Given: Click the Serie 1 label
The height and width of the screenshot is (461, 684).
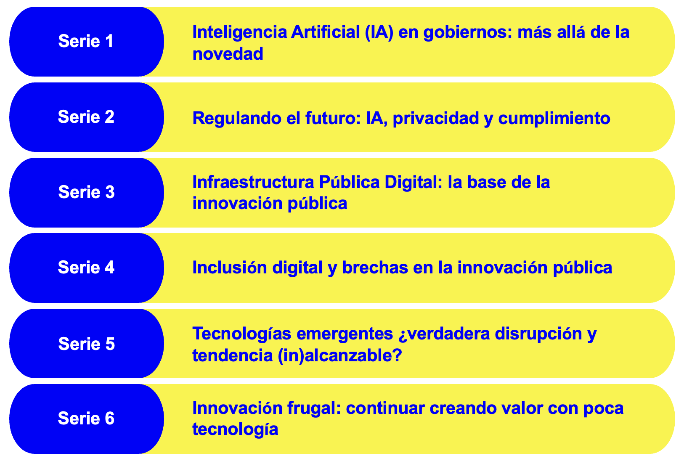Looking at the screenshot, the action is [x=86, y=41].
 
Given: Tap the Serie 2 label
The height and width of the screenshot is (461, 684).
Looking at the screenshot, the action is [x=86, y=117].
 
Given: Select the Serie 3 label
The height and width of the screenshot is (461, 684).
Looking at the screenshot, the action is [x=86, y=192].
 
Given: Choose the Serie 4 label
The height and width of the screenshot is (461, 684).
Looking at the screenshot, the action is [x=86, y=268].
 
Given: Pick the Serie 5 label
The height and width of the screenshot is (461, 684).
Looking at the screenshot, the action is [x=86, y=344].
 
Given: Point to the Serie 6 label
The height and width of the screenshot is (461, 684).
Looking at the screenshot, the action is [x=86, y=418].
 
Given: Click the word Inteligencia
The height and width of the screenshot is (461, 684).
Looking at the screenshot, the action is [x=240, y=33].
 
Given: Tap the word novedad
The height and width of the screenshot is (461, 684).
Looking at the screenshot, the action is [x=228, y=54].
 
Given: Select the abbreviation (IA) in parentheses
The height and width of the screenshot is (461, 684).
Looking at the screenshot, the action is [x=379, y=32].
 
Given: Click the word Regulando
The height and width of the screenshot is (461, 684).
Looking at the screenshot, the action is [x=237, y=119].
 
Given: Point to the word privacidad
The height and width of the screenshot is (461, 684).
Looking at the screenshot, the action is [x=436, y=119].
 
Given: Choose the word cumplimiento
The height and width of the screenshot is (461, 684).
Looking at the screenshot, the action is [x=554, y=119].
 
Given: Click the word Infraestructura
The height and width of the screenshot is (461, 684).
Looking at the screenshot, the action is [x=253, y=182].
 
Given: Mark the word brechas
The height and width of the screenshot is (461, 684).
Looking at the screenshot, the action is [x=375, y=268].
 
